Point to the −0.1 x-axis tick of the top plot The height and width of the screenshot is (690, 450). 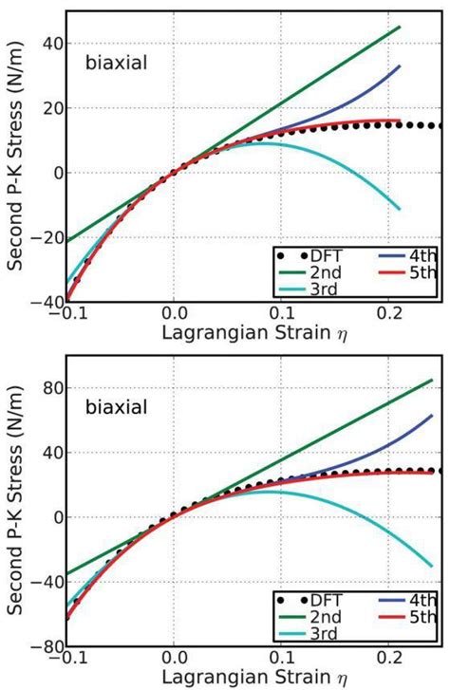[68, 314]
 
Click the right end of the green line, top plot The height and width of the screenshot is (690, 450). [400, 27]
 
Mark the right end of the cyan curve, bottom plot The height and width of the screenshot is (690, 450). [432, 567]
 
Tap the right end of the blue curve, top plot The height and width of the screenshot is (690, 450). [400, 65]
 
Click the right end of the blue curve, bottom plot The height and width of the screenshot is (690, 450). [432, 415]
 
